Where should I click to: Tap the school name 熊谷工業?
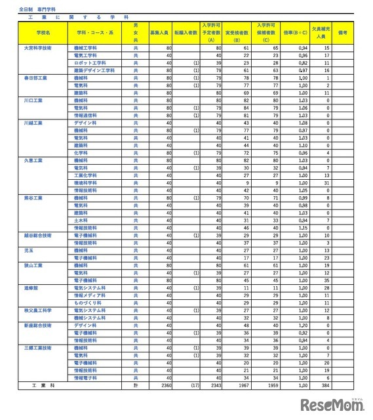click(33, 198)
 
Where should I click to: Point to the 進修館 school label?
click(31, 287)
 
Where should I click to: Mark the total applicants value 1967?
click(243, 385)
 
